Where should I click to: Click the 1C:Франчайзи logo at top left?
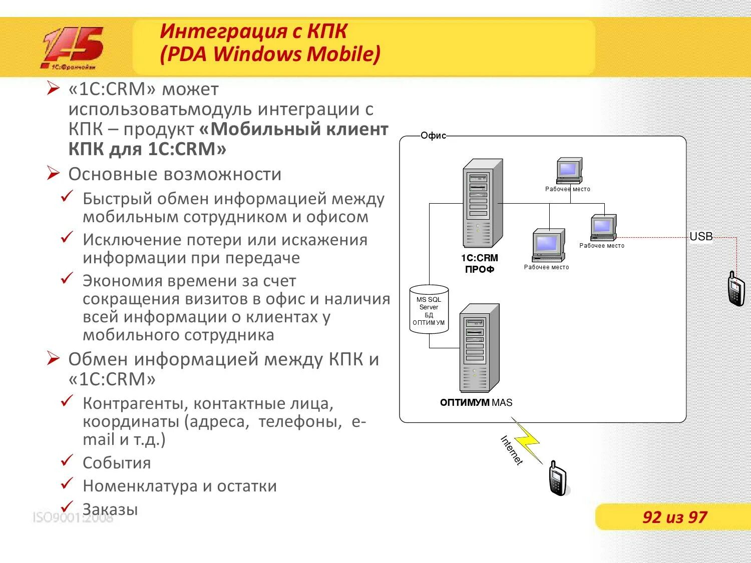point(72,48)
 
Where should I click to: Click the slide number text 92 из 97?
point(674,517)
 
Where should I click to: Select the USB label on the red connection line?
point(701,237)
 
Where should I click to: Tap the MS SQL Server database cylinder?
point(429,310)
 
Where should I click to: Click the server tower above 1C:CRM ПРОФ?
point(482,203)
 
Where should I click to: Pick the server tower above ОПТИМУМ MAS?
point(479,348)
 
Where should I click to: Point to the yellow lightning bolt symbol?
point(527,440)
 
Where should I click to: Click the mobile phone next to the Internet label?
point(557,478)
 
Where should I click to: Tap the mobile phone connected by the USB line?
point(735,289)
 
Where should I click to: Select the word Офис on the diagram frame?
point(433,136)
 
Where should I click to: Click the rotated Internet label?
point(512,450)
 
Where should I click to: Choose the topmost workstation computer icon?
point(569,171)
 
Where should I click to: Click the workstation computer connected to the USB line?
point(603,228)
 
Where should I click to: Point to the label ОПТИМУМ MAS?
point(476,402)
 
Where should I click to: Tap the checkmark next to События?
point(67,460)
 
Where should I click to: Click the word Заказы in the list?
point(110,509)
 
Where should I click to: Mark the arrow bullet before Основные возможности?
point(53,174)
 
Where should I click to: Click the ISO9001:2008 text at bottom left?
point(73,517)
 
